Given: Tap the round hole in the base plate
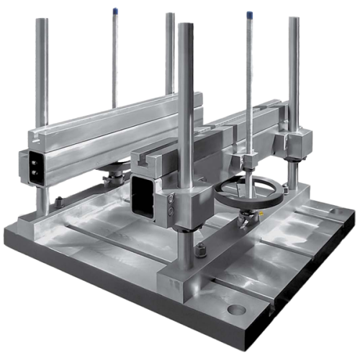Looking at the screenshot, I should coord(235,311).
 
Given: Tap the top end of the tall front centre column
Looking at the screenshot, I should coord(185,27).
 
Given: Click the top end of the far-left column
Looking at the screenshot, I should coord(42,22).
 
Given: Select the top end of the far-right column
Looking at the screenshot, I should coord(294,20).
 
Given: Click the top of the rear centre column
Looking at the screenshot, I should coord(170,16).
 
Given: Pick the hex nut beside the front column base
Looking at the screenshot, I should coord(201,251).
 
